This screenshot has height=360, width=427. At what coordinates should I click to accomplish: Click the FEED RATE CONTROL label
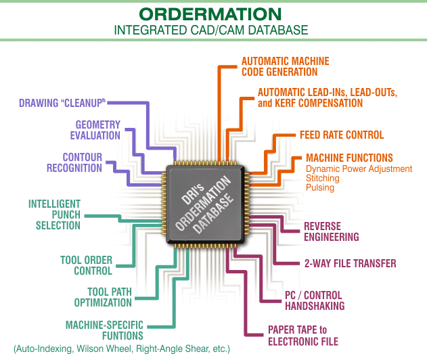click(342, 135)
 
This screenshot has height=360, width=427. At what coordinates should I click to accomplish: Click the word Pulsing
click(320, 188)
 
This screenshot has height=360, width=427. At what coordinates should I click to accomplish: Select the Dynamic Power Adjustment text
click(359, 168)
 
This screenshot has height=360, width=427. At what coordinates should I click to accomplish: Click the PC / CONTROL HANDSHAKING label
click(315, 300)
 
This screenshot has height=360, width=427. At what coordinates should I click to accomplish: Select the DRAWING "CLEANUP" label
click(62, 103)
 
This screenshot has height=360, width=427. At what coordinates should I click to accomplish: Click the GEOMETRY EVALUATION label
click(97, 130)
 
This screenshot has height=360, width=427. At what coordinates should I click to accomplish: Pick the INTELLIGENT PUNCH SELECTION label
click(55, 213)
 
